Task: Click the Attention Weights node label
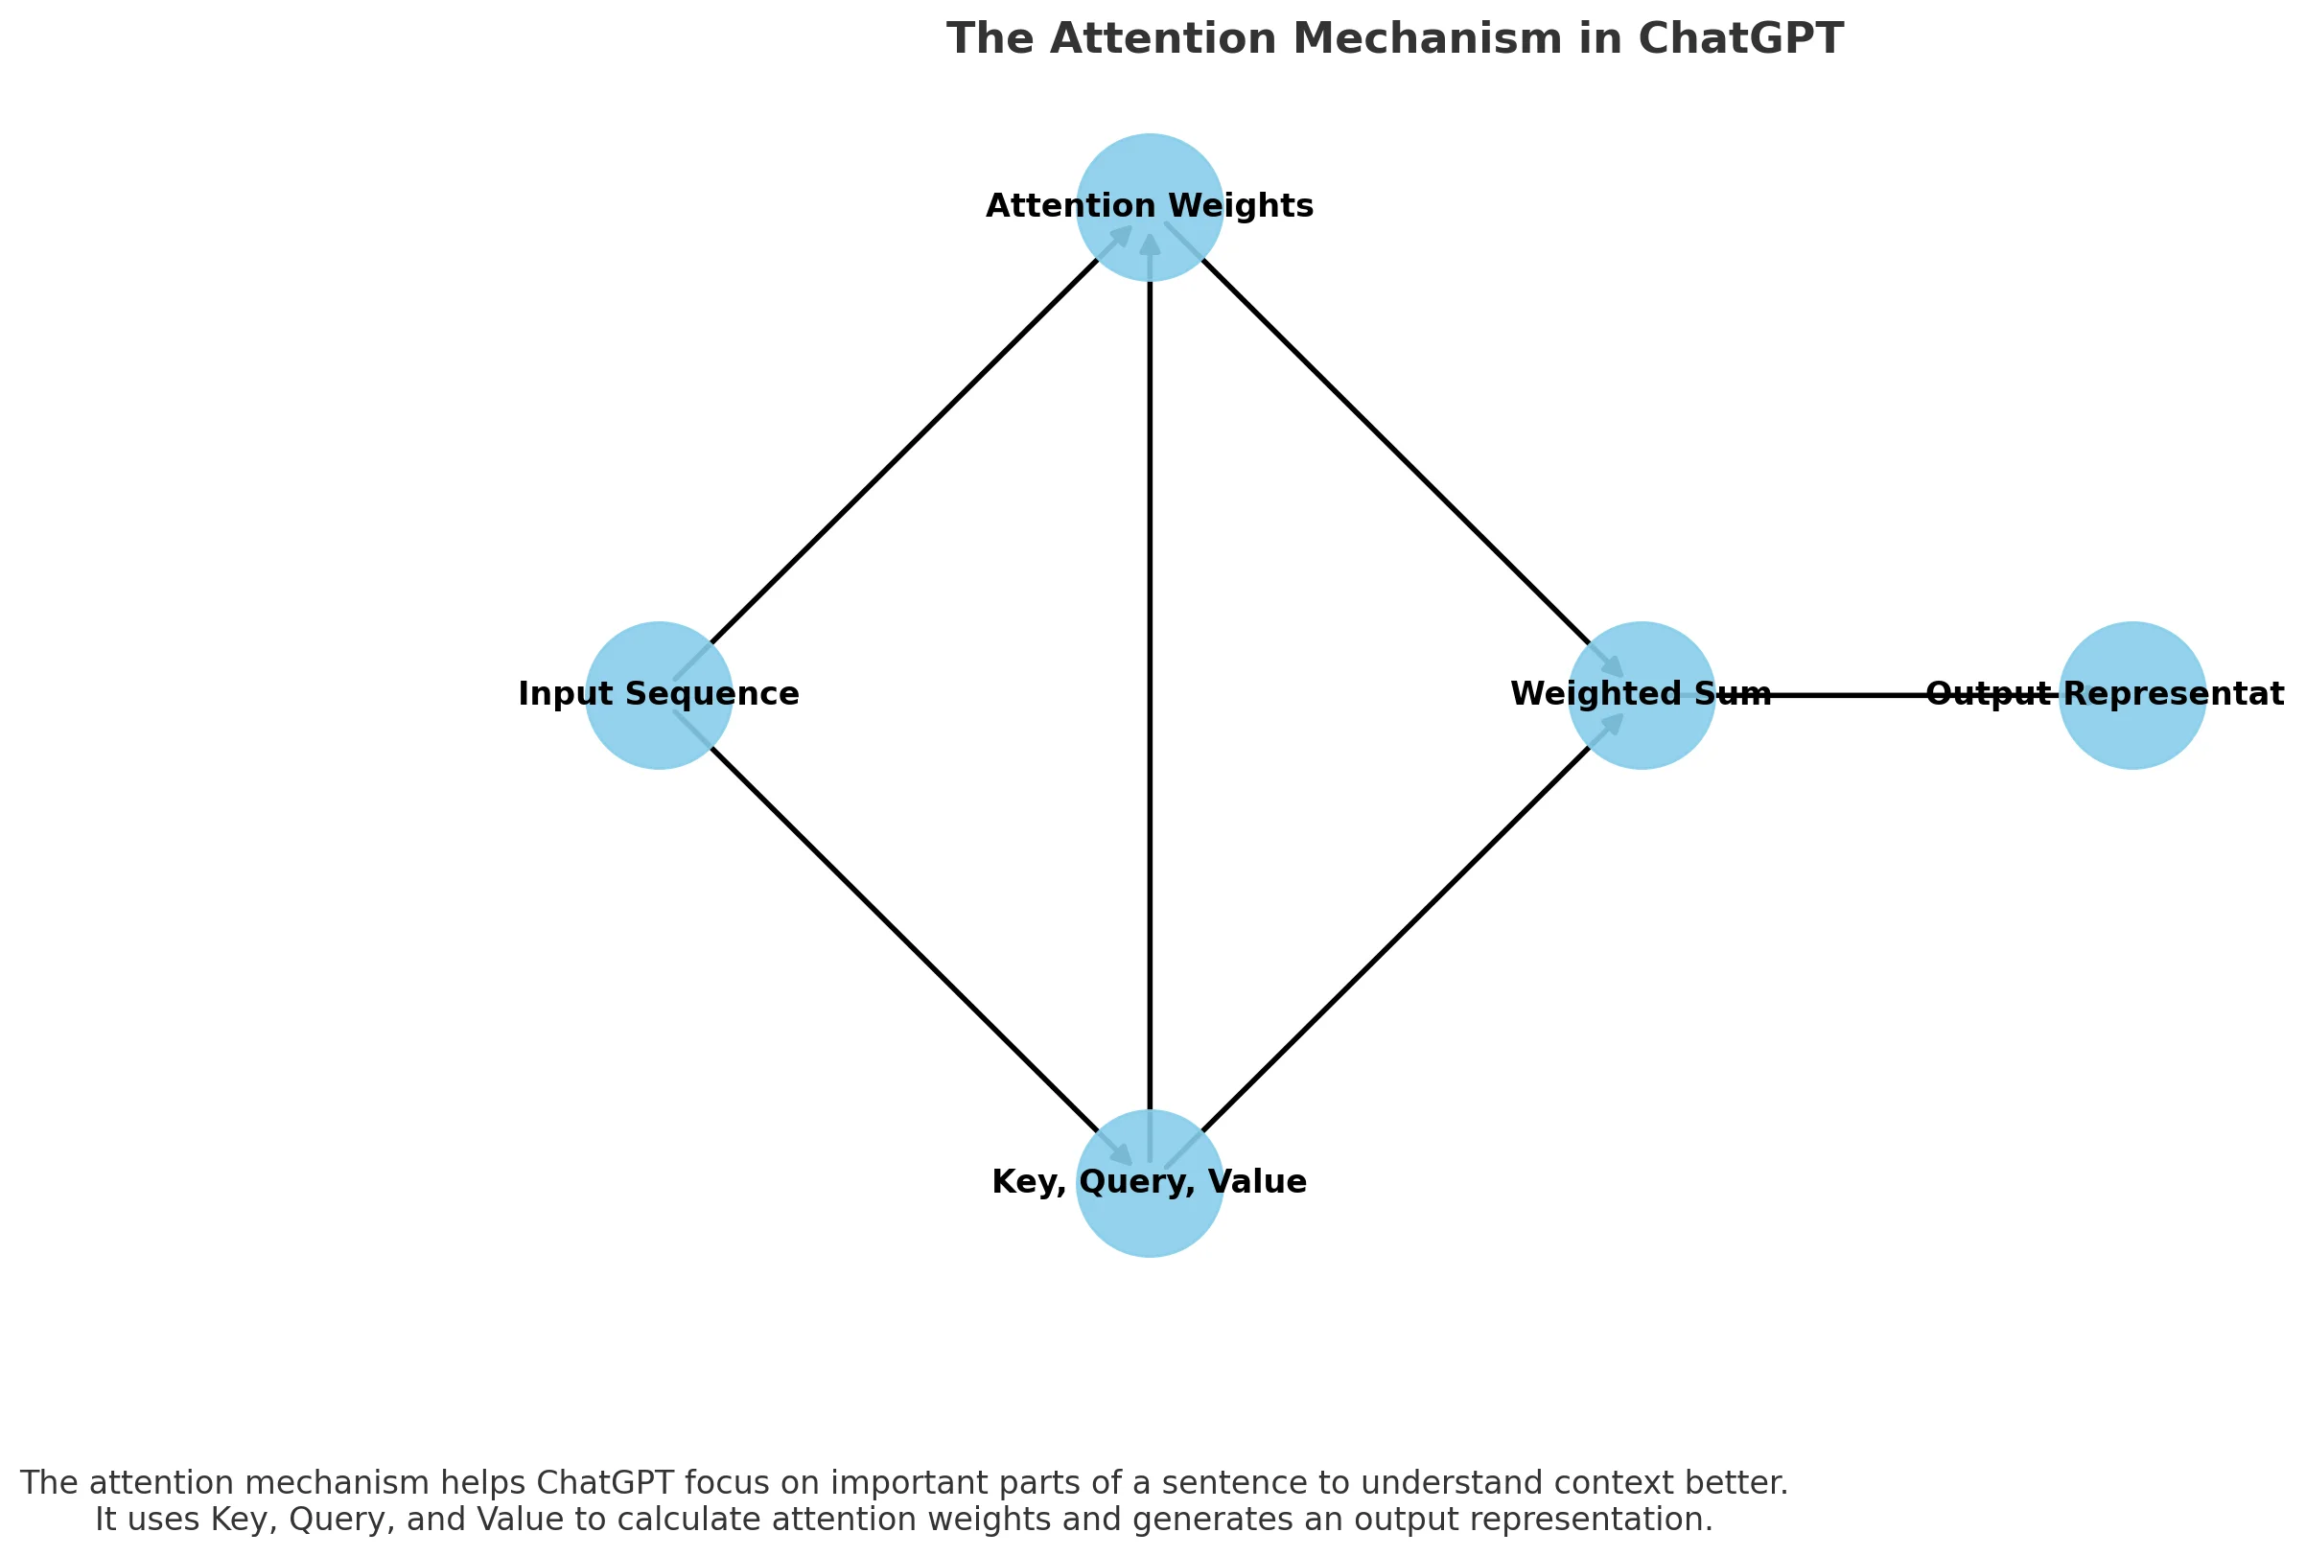[x=1149, y=206]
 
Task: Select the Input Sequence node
[x=659, y=695]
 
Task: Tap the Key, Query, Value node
[x=1149, y=1183]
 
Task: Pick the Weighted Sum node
[x=1641, y=695]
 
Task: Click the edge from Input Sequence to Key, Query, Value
[x=903, y=939]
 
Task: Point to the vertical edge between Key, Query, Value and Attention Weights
[x=1150, y=695]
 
